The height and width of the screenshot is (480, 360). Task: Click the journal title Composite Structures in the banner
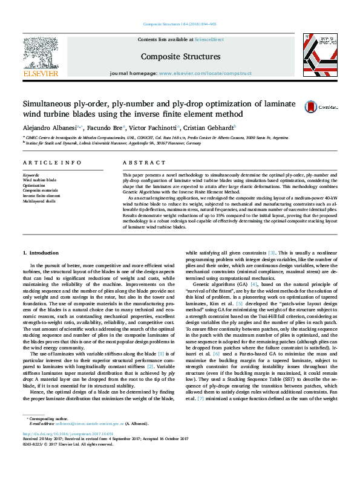click(x=180, y=57)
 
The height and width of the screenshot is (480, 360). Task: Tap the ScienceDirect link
click(x=209, y=39)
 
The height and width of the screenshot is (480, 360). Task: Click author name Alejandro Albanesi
click(x=51, y=128)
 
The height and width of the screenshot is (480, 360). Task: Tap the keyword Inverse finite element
click(x=42, y=195)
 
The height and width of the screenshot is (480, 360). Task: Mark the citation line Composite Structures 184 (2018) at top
click(x=180, y=24)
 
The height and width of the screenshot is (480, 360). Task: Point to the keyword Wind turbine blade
click(x=39, y=180)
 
